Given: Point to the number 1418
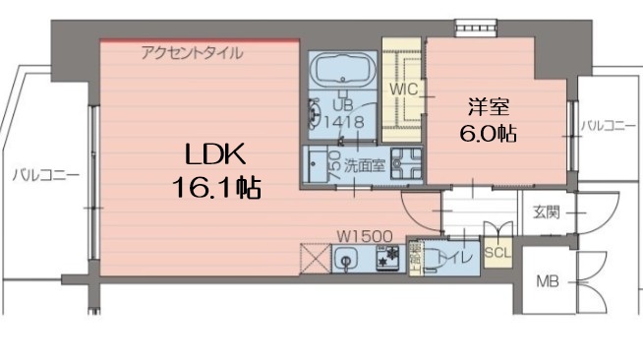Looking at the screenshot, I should (340, 122).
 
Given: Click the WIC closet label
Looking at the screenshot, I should (404, 90).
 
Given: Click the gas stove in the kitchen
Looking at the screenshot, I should (387, 259).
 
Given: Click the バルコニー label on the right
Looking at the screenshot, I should (608, 126).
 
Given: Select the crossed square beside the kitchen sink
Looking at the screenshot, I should (315, 260).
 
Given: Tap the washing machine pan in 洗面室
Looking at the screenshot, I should (403, 164).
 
